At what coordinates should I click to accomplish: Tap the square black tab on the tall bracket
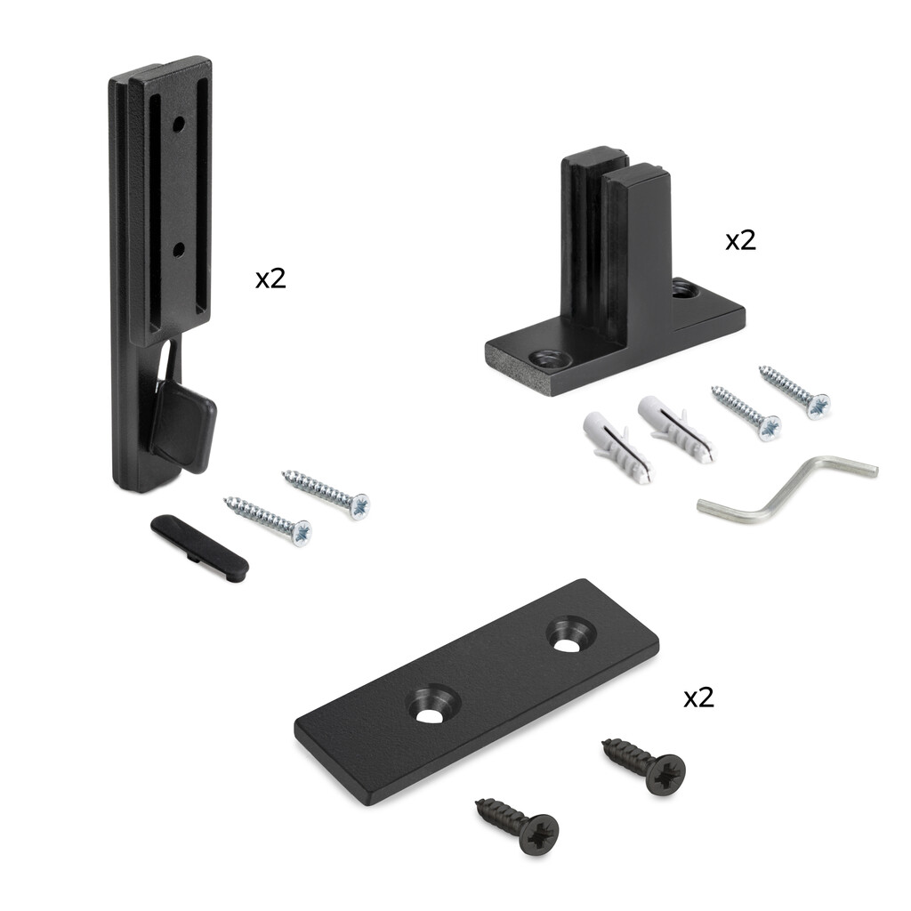tap(184, 423)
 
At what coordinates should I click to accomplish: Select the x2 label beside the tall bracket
tap(270, 278)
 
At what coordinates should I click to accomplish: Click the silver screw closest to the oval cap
tap(267, 521)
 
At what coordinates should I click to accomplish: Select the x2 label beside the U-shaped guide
tap(740, 240)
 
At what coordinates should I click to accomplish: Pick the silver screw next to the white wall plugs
tap(746, 414)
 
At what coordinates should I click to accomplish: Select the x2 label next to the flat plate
tap(698, 697)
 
